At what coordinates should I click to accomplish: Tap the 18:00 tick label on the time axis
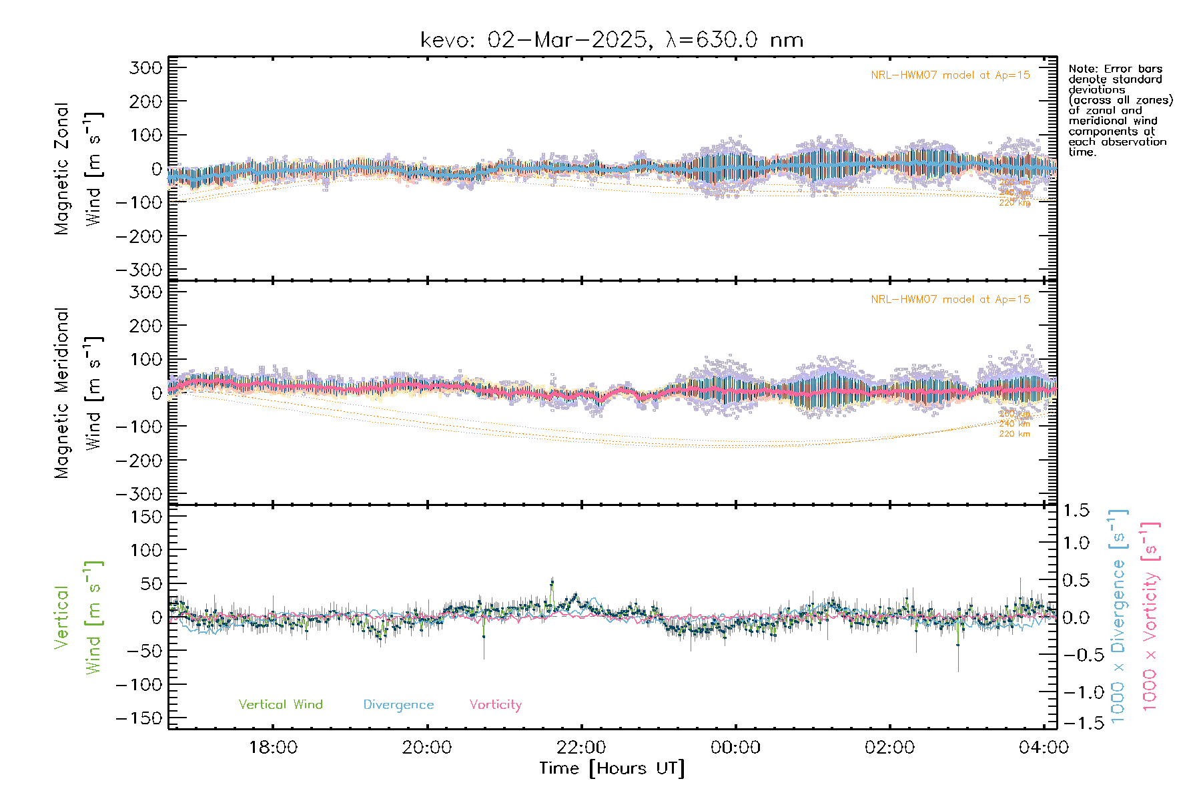coord(273,748)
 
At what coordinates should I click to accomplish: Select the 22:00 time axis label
coord(581,748)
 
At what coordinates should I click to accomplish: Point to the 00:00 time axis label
coord(735,748)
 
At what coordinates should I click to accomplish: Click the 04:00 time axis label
coord(1044,748)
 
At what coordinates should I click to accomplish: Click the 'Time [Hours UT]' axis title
coord(612,769)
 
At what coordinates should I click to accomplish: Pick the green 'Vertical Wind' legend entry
coord(280,705)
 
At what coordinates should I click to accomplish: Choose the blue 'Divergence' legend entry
coord(398,705)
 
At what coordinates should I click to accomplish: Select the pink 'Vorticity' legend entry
coord(495,705)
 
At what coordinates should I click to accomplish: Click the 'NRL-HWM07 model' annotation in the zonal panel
coord(950,75)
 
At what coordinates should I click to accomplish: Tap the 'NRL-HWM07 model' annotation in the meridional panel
coord(950,300)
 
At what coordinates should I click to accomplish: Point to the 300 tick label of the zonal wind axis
coord(146,67)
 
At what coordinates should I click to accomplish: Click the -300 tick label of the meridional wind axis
coord(139,495)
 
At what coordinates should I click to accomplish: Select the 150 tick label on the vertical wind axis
coord(146,517)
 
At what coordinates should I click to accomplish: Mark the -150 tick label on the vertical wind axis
coord(139,718)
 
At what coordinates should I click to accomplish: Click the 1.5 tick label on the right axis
coord(1076,511)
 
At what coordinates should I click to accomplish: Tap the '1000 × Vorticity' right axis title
coord(1150,617)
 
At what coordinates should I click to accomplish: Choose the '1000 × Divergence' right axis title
coord(1118,617)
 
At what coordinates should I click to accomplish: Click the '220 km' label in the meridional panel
coord(1014,434)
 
